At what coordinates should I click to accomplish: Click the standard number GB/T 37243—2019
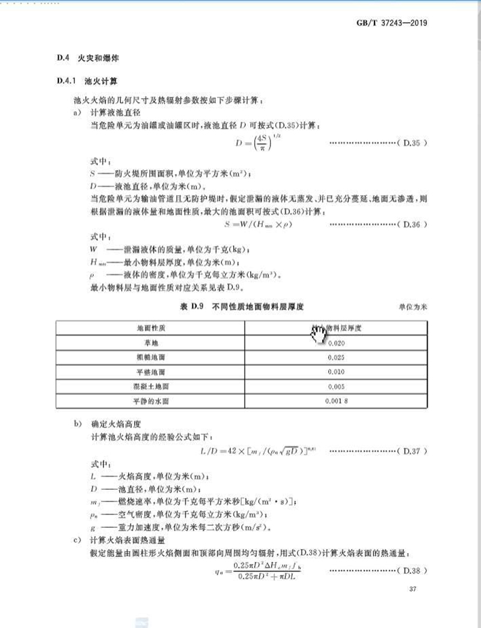click(391, 24)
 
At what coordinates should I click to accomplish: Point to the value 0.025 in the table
click(336, 357)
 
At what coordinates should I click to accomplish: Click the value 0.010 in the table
click(336, 371)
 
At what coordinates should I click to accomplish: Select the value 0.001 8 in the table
click(336, 400)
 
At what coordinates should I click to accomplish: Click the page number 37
click(412, 589)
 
